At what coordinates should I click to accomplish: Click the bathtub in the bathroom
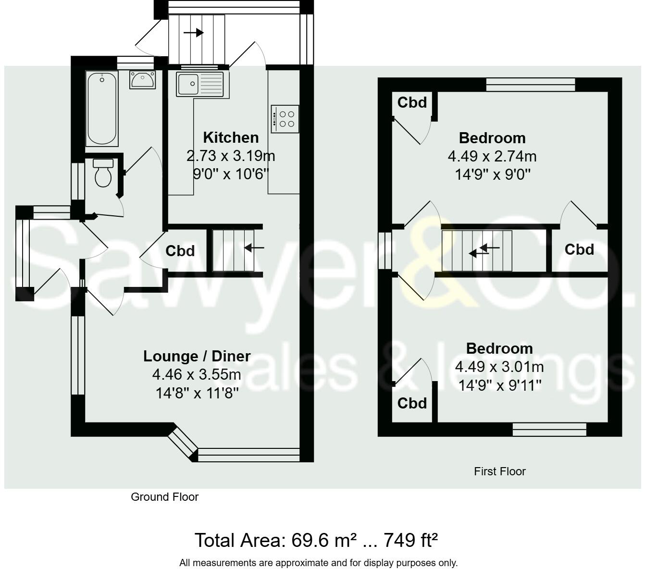(102, 109)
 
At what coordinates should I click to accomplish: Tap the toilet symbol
(103, 173)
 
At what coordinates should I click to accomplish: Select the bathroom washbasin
(142, 79)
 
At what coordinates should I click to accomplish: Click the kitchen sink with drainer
(199, 84)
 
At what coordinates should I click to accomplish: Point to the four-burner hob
(285, 119)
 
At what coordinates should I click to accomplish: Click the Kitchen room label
(231, 137)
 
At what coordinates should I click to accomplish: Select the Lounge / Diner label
(197, 356)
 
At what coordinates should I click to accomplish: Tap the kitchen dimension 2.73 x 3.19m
(231, 156)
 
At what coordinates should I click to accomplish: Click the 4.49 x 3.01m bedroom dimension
(499, 367)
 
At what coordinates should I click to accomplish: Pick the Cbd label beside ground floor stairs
(180, 251)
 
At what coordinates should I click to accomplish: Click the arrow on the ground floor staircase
(254, 248)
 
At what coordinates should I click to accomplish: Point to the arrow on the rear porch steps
(194, 33)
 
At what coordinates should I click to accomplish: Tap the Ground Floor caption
(164, 497)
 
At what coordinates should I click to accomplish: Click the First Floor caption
(499, 471)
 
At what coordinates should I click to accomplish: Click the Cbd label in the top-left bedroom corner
(412, 102)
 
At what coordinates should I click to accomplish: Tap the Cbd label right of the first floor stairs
(579, 249)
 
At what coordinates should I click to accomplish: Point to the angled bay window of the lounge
(183, 442)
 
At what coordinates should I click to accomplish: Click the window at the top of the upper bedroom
(530, 85)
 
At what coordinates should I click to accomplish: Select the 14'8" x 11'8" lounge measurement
(197, 394)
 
